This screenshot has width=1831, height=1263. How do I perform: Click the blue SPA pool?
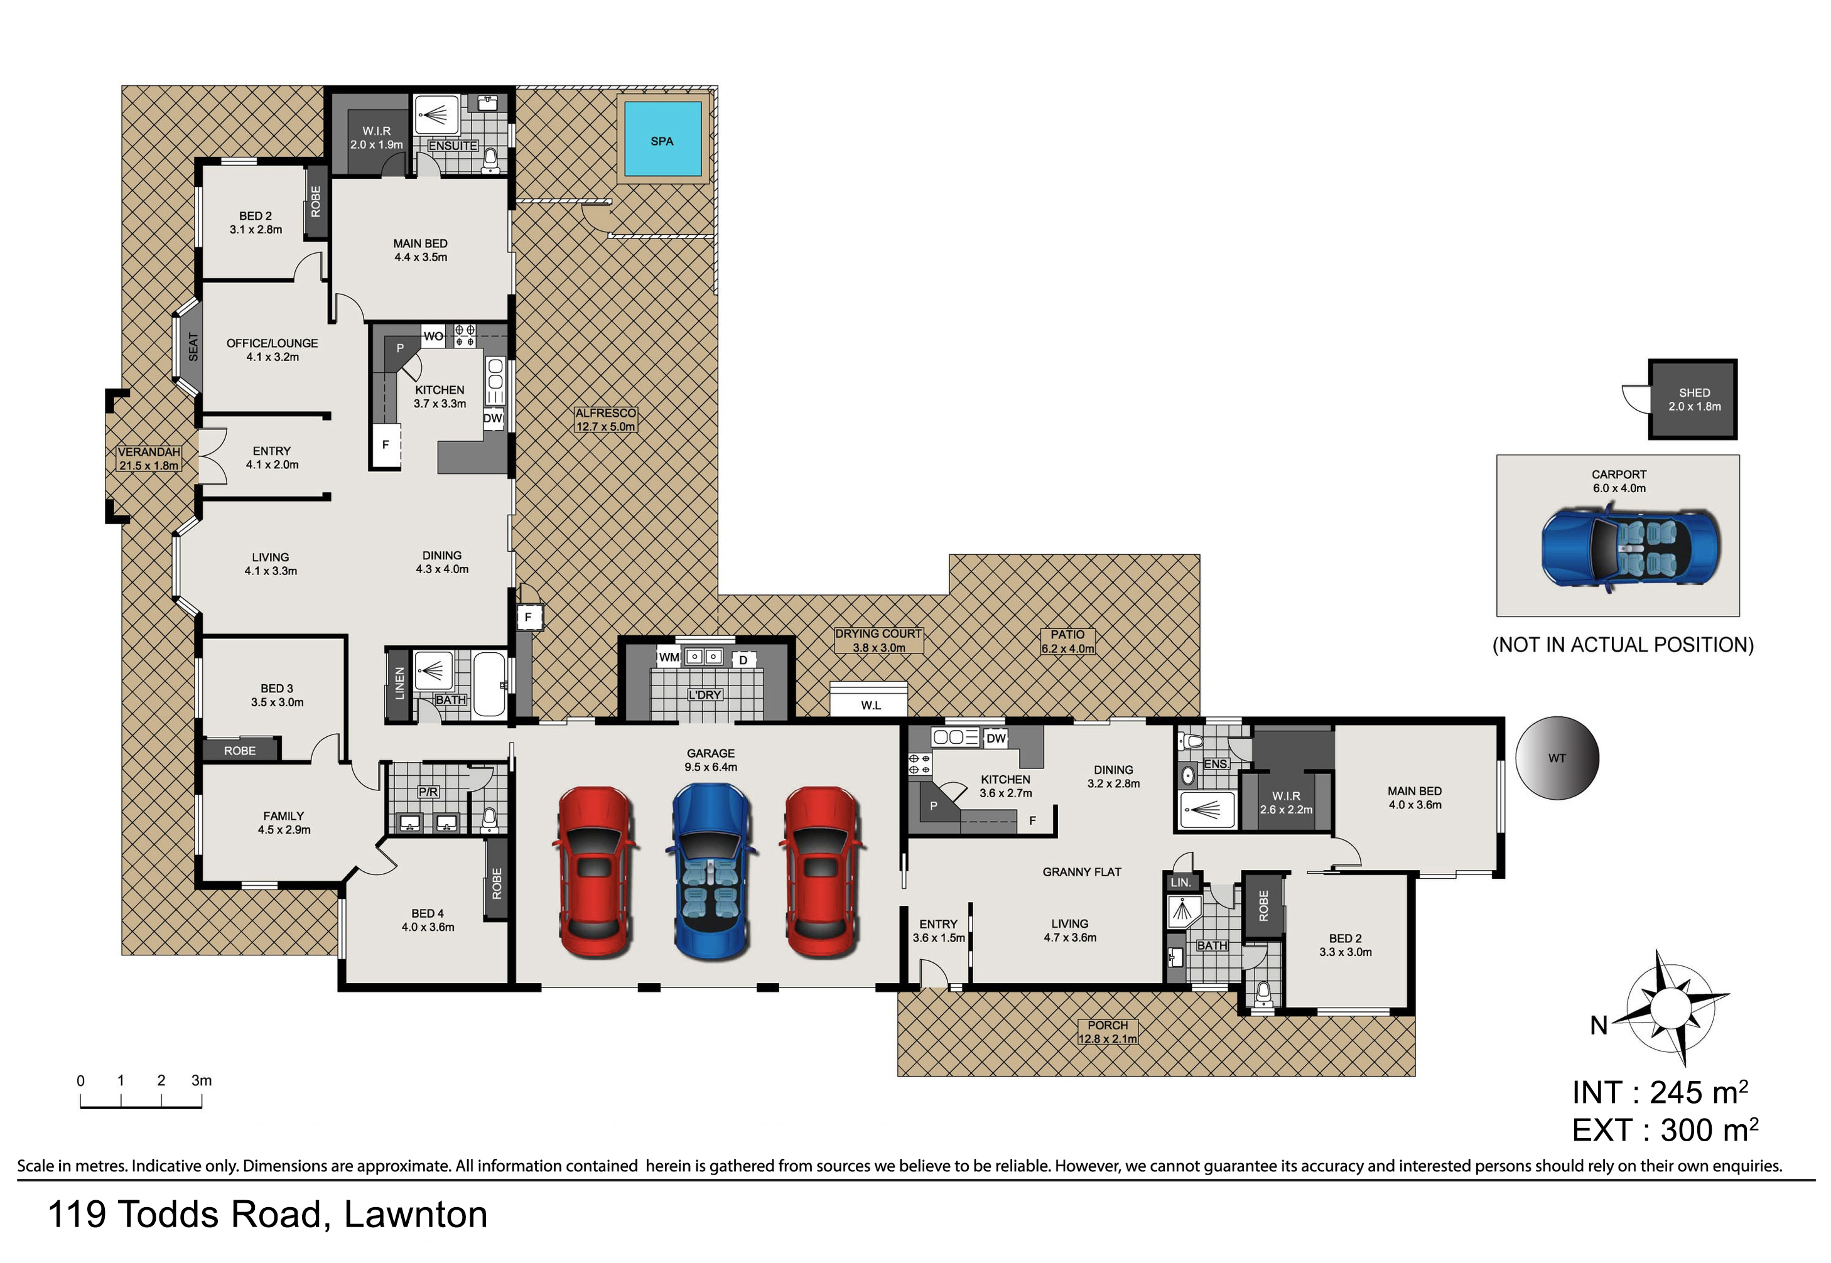pos(662,139)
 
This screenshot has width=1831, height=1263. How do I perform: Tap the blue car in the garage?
pos(711,871)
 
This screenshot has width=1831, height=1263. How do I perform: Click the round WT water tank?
pos(1557,758)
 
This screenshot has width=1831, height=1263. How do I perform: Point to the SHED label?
pos(1694,392)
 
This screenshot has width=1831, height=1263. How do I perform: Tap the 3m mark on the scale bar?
pos(201,1081)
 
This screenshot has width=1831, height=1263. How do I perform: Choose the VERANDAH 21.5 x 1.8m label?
pos(149,459)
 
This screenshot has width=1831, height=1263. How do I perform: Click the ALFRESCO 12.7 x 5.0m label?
pos(605,419)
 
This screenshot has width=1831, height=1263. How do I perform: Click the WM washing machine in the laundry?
pos(669,657)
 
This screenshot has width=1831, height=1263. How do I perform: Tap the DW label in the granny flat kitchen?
pos(996,738)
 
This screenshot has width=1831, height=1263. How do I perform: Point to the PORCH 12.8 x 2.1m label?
pos(1106,1032)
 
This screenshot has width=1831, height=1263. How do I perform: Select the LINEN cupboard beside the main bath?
pos(399,684)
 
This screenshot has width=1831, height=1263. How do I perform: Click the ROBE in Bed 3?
pos(240,750)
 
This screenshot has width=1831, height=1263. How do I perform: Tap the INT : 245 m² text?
pos(1659,1093)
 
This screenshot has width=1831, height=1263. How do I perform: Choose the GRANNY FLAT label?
pos(1081,872)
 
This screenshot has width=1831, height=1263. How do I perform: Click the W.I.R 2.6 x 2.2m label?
pos(1285,802)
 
